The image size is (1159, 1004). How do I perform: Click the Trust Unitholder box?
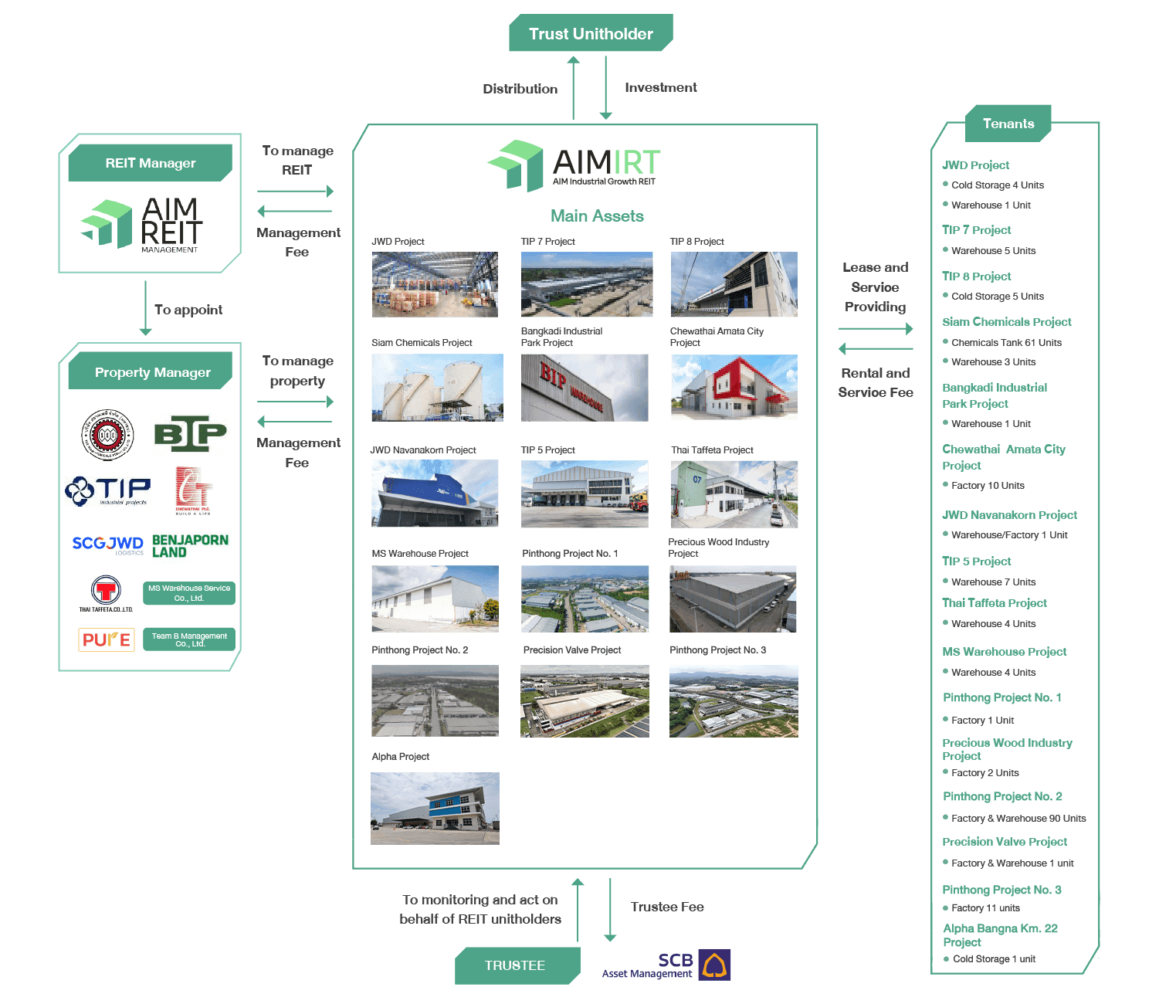pyautogui.click(x=591, y=34)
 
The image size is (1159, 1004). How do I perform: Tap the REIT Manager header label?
pyautogui.click(x=151, y=163)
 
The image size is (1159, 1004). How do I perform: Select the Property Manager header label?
pyautogui.click(x=152, y=372)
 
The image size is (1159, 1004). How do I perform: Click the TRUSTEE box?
pyautogui.click(x=515, y=965)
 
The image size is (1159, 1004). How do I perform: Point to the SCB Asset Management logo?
pyautogui.click(x=666, y=965)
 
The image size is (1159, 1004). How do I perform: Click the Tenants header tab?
pyautogui.click(x=1008, y=124)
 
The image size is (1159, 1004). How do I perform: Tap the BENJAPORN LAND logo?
pyautogui.click(x=190, y=546)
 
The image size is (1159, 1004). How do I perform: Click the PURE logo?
pyautogui.click(x=107, y=639)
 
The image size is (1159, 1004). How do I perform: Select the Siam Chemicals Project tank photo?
pyautogui.click(x=437, y=388)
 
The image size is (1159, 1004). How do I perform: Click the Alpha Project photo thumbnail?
pyautogui.click(x=435, y=809)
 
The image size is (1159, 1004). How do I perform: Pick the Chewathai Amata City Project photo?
pyautogui.click(x=734, y=388)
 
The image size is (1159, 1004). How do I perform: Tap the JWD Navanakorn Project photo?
pyautogui.click(x=435, y=494)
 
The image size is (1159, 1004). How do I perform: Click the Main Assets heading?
pyautogui.click(x=597, y=216)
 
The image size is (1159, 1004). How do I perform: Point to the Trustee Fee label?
pyautogui.click(x=667, y=907)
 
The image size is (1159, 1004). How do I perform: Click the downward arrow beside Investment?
pyautogui.click(x=606, y=88)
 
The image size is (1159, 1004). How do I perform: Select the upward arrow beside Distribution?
pyautogui.click(x=574, y=88)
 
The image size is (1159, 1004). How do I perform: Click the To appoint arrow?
pyautogui.click(x=145, y=309)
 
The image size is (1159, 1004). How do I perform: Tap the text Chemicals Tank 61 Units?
pyautogui.click(x=1006, y=342)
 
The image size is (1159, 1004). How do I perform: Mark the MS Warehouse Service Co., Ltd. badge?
pyautogui.click(x=189, y=593)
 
